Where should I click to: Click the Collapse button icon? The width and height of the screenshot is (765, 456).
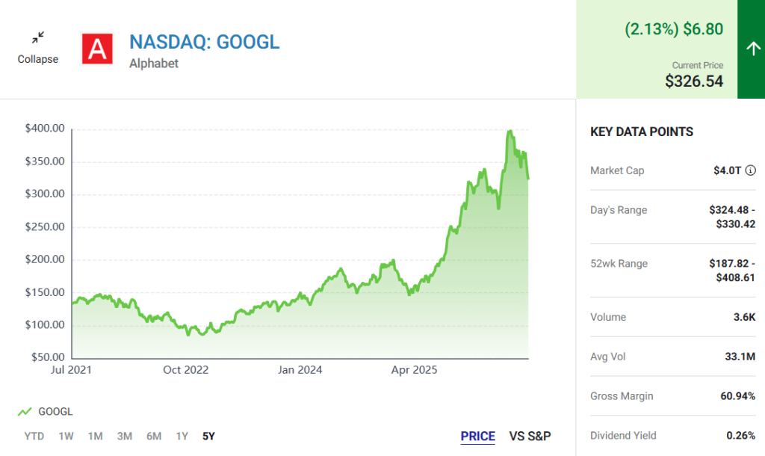click(38, 37)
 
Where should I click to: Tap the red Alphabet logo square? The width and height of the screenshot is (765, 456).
click(98, 49)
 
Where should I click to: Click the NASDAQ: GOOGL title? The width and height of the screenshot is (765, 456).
click(205, 42)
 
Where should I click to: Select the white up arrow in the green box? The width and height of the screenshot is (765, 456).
click(753, 49)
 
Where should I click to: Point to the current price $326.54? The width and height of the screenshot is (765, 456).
click(694, 81)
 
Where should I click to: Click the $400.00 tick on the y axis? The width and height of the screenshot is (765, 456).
click(45, 129)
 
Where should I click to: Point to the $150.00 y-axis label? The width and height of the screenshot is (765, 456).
click(45, 292)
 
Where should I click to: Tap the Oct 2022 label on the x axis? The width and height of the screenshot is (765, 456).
click(185, 370)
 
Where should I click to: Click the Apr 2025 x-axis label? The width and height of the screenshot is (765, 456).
click(414, 370)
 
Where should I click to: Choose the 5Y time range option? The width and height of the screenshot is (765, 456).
click(209, 436)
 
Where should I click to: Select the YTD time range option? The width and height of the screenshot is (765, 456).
click(34, 436)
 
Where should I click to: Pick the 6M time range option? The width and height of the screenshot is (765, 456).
click(154, 436)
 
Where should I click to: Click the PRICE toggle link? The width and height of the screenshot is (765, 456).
click(477, 437)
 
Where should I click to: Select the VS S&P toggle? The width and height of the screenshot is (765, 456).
click(530, 437)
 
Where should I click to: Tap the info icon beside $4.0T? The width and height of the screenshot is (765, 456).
click(750, 170)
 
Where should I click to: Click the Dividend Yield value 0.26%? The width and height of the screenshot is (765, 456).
click(740, 436)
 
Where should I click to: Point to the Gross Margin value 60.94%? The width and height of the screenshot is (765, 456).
click(737, 396)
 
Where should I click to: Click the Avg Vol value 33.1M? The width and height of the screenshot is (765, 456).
click(740, 357)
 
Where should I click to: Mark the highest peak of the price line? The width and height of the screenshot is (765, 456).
click(510, 131)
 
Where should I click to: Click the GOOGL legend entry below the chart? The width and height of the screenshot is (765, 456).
click(46, 412)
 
